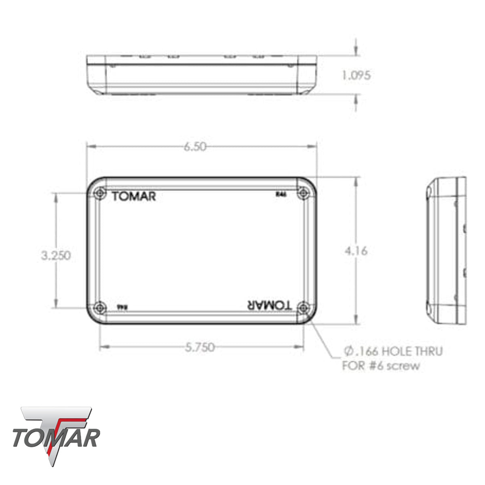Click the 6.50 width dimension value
[x=195, y=147]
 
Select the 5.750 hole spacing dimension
[x=200, y=347]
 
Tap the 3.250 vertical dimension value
[x=56, y=255]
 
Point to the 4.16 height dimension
[x=356, y=251]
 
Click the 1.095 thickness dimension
[x=356, y=75]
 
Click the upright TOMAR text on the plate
[x=134, y=197]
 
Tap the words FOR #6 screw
[x=381, y=366]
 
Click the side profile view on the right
[x=447, y=251]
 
